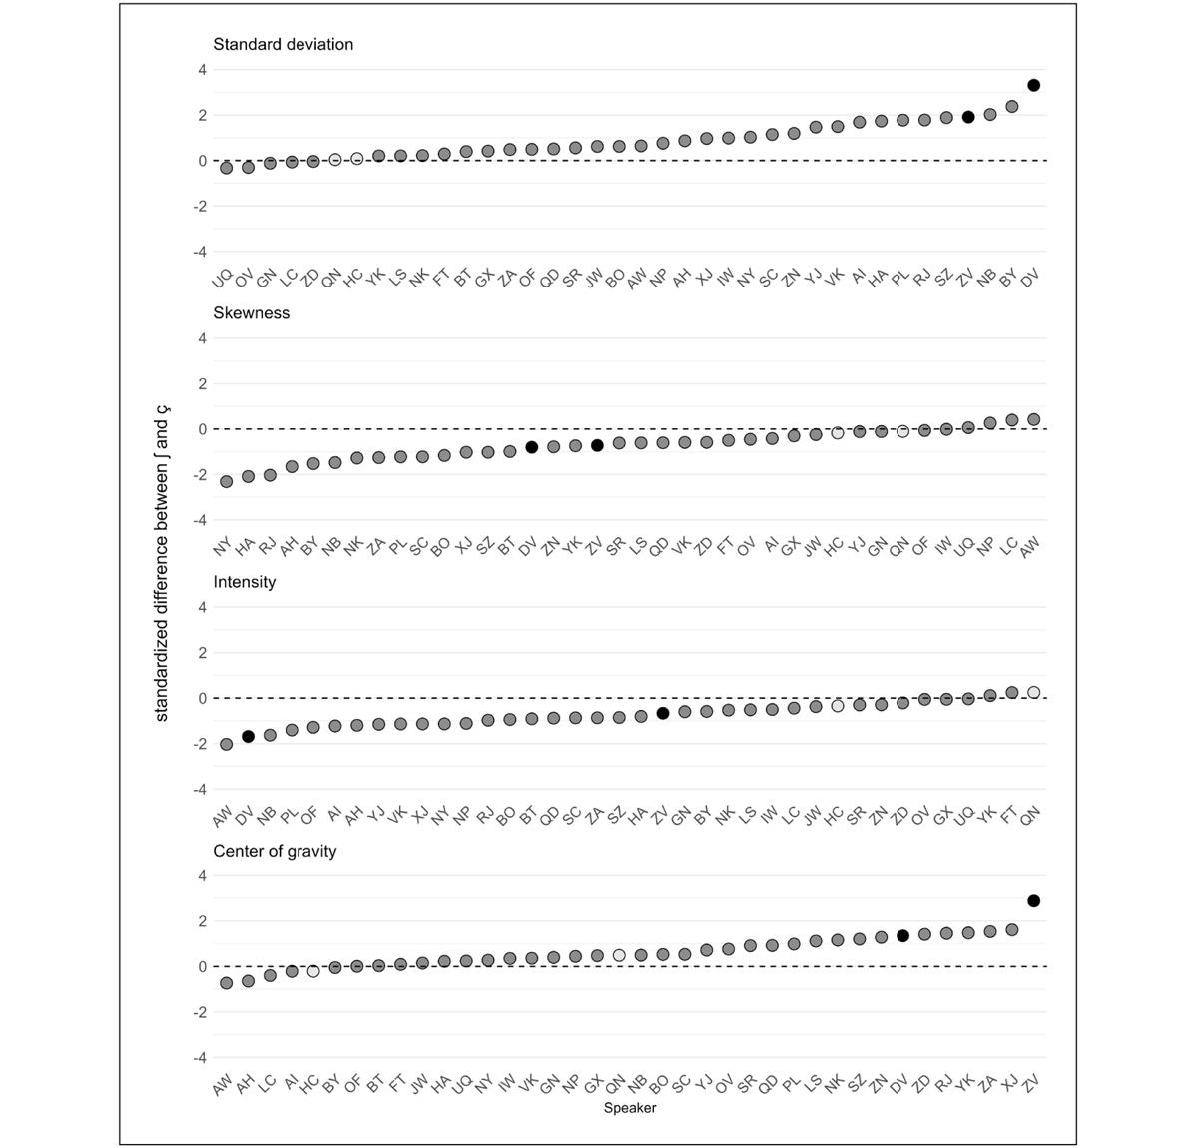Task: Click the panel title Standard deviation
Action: pos(283,44)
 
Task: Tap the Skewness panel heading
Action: pos(251,312)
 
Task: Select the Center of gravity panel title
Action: pos(275,851)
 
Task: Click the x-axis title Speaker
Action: pos(630,1107)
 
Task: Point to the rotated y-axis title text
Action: pos(163,569)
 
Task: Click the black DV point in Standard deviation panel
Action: pos(1034,86)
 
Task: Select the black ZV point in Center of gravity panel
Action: pos(1034,901)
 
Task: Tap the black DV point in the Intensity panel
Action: pos(248,736)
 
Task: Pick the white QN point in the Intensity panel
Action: pos(1034,692)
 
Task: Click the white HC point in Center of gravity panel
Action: pos(313,971)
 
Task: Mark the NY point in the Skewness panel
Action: pos(226,481)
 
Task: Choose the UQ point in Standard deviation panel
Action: pos(226,168)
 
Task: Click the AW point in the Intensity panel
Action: pos(226,744)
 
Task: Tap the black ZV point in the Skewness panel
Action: pos(597,445)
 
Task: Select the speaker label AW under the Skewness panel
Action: pos(1029,546)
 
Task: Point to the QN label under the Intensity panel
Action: pos(1029,816)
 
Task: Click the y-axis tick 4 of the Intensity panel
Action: pos(202,607)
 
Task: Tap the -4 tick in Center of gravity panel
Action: pos(199,1057)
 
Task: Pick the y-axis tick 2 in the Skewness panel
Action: pos(202,383)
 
